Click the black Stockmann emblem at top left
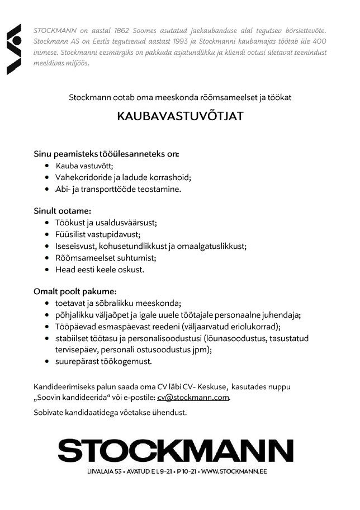pos(14,49)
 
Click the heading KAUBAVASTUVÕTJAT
pos(180,117)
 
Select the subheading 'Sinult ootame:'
pos(62,211)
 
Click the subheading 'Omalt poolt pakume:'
pos(75,291)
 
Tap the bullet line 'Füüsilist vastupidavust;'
pos(98,234)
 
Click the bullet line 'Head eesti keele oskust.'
pos(100,269)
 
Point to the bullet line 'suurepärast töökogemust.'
pos(103,361)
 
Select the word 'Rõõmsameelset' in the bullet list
pos(82,257)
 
